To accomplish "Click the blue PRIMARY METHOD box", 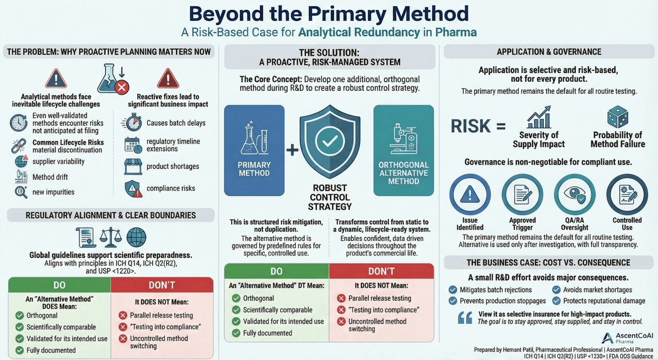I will pyautogui.click(x=254, y=150).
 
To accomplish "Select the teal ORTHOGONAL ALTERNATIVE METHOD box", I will pyautogui.click(x=403, y=150).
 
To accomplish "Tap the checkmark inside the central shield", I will pyautogui.click(x=330, y=141).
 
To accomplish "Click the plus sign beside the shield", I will pyautogui.click(x=292, y=150).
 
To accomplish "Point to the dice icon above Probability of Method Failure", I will pyautogui.click(x=618, y=117).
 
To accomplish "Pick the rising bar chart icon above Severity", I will pyautogui.click(x=539, y=117).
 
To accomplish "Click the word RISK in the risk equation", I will pyautogui.click(x=471, y=126).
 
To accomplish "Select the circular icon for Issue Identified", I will pyautogui.click(x=470, y=195).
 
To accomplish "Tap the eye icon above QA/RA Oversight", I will pyautogui.click(x=575, y=195).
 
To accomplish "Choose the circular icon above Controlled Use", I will pyautogui.click(x=627, y=195).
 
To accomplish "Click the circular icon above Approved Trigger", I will pyautogui.click(x=522, y=195).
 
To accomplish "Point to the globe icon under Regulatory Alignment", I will pyautogui.click(x=136, y=237).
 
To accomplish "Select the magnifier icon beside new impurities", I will pyautogui.click(x=20, y=192).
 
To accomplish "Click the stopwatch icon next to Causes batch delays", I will pyautogui.click(x=132, y=123).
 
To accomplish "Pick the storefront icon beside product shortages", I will pyautogui.click(x=133, y=166).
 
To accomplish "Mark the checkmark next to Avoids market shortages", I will pyautogui.click(x=556, y=290).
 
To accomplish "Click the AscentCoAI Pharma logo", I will pyautogui.click(x=627, y=338).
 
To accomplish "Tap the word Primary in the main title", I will pyautogui.click(x=347, y=14).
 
